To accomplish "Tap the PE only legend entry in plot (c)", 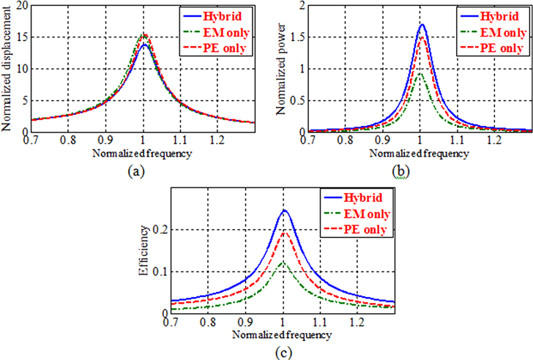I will [365, 230].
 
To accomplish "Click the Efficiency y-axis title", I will [147, 252].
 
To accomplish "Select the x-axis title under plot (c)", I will [281, 334].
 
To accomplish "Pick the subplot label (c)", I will [281, 350].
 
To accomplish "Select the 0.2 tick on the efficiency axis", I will [159, 230].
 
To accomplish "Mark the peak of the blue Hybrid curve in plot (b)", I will [422, 25].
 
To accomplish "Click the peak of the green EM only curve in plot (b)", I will [420, 72].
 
